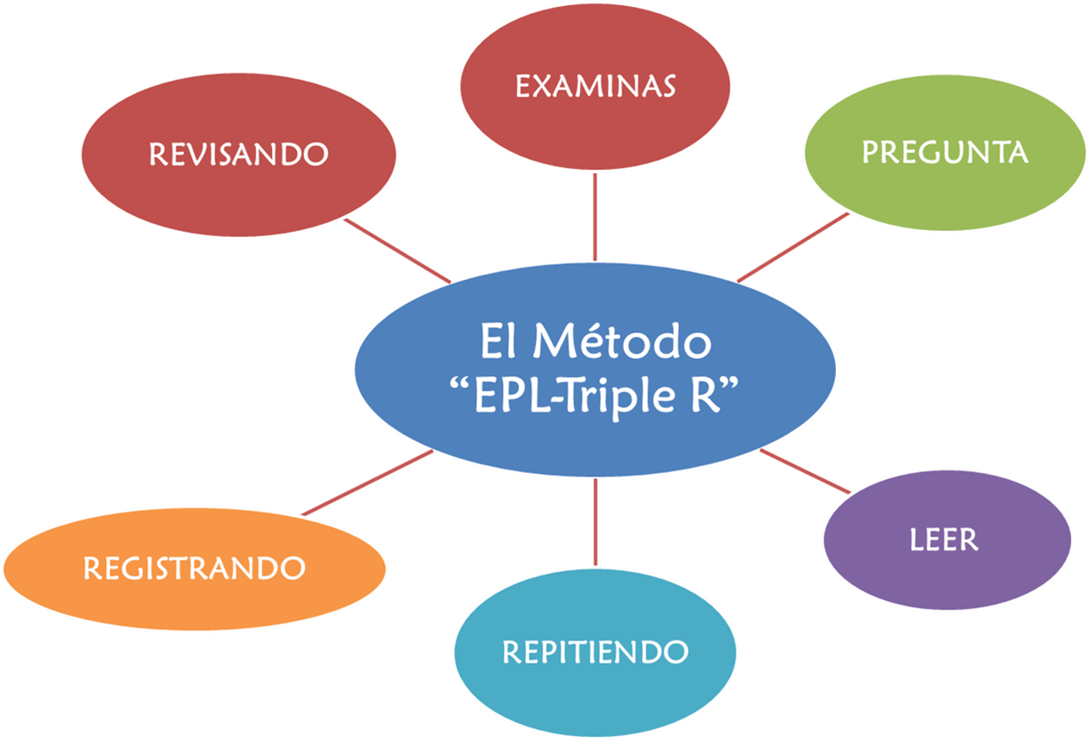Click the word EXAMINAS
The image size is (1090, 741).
(x=595, y=86)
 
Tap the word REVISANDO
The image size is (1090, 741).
(x=239, y=154)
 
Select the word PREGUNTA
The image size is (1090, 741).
(x=944, y=152)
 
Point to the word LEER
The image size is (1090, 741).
(x=944, y=540)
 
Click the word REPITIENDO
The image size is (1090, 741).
(x=595, y=652)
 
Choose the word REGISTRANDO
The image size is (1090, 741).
(x=194, y=568)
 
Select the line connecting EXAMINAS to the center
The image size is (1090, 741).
(x=595, y=219)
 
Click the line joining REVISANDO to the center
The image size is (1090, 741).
(x=397, y=250)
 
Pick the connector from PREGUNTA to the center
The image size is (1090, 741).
(x=793, y=247)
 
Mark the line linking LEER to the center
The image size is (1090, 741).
(x=804, y=471)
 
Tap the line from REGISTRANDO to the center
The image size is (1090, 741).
(x=367, y=483)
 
